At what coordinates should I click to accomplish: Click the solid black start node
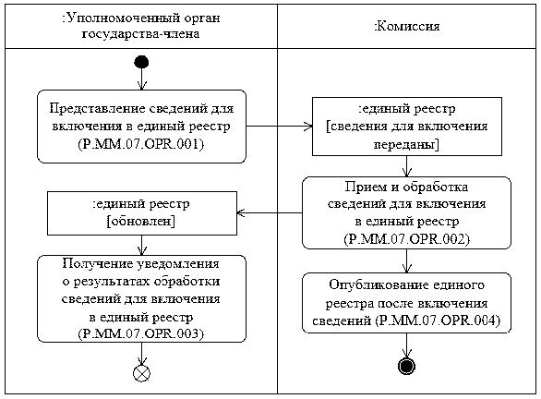(141, 63)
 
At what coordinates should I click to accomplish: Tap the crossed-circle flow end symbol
(141, 373)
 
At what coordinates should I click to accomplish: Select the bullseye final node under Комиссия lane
(406, 366)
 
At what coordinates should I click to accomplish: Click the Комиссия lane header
(407, 26)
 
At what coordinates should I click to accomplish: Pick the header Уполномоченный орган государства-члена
(141, 26)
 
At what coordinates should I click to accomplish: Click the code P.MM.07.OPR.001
(141, 143)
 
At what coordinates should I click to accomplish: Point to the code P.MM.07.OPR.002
(407, 239)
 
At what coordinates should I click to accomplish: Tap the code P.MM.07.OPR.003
(141, 333)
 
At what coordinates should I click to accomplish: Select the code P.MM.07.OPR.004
(438, 320)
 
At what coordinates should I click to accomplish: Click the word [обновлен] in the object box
(141, 221)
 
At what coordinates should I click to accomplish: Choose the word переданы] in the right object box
(406, 144)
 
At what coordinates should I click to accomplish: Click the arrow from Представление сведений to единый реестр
(279, 126)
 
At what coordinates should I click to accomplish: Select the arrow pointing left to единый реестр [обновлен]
(270, 212)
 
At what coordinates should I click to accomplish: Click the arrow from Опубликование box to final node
(406, 345)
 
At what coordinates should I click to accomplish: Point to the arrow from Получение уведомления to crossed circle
(141, 354)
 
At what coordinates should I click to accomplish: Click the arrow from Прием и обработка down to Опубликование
(407, 261)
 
